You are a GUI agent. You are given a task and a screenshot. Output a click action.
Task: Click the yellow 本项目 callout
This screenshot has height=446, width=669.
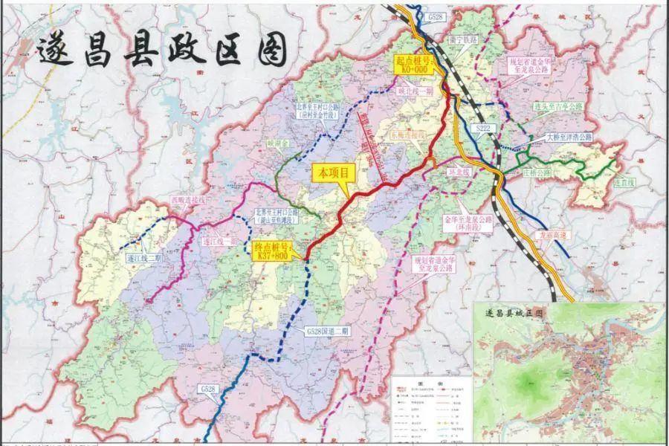333,172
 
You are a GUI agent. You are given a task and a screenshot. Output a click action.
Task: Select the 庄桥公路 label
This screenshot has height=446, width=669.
526,172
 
